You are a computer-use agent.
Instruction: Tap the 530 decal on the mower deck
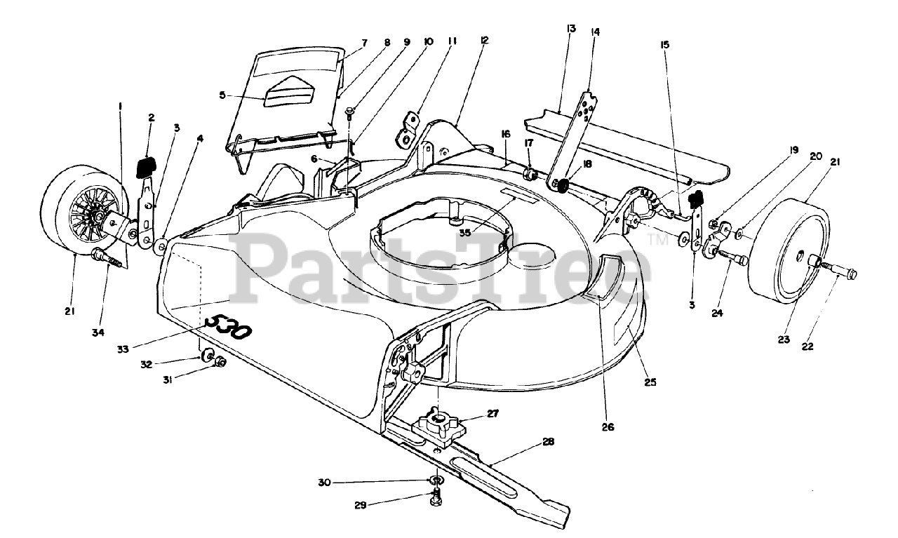(x=225, y=327)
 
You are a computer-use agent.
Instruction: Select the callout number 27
(x=492, y=414)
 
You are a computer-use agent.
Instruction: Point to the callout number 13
(x=570, y=29)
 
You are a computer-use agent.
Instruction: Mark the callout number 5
(x=222, y=95)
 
